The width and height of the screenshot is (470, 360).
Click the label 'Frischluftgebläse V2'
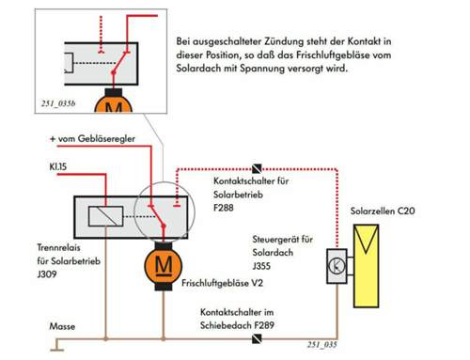(224, 280)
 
